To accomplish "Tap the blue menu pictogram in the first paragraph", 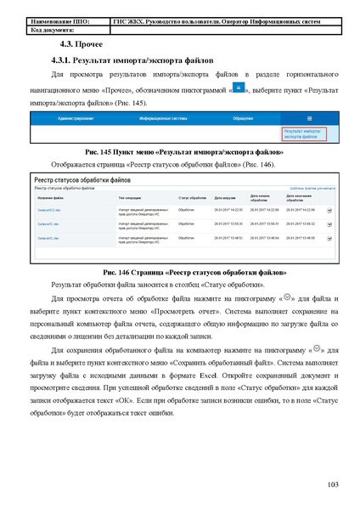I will pyautogui.click(x=239, y=88).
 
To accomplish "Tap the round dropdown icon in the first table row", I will pyautogui.click(x=329, y=210).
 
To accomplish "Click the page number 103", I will pyautogui.click(x=333, y=484).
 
